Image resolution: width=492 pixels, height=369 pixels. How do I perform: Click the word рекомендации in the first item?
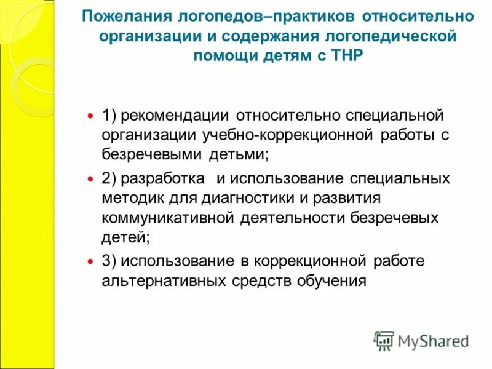[176, 115]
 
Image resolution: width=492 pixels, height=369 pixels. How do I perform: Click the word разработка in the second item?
[163, 179]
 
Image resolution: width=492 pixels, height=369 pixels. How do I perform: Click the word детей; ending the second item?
[125, 237]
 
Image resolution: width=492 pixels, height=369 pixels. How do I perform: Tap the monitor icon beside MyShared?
[384, 340]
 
